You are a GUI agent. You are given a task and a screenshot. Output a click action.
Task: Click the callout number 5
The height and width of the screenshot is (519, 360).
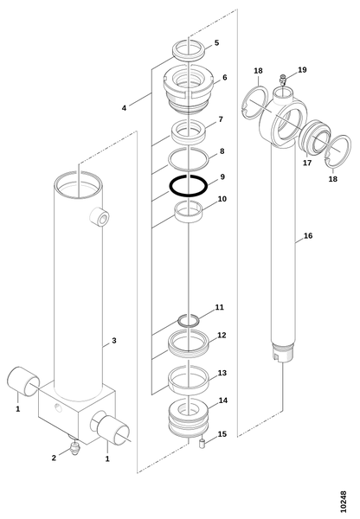(216, 42)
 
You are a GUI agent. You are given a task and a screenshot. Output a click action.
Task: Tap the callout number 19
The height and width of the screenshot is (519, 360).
(302, 70)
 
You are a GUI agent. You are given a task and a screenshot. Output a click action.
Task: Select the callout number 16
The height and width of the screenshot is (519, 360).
(308, 235)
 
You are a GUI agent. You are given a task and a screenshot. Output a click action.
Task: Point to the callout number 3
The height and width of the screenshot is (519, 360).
(124, 108)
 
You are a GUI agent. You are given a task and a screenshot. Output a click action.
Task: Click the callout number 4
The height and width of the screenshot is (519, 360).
(124, 108)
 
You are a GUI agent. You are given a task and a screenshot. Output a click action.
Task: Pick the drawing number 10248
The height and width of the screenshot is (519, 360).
(343, 502)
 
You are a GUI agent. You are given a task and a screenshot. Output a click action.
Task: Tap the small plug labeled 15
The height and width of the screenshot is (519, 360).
(202, 444)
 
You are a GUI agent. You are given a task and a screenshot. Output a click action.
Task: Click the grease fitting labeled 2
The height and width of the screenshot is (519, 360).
(74, 447)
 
